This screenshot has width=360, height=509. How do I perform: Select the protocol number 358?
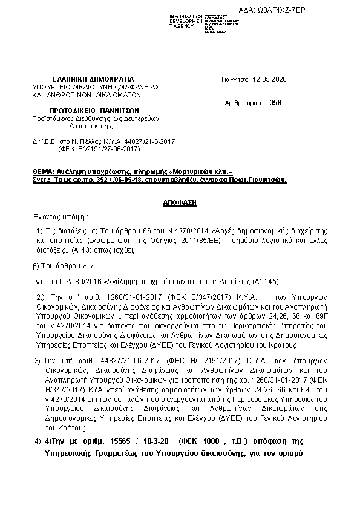pos(276,103)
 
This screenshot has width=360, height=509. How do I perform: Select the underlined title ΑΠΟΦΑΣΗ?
pos(180,204)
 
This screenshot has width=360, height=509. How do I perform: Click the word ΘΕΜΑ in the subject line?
pos(44,172)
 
